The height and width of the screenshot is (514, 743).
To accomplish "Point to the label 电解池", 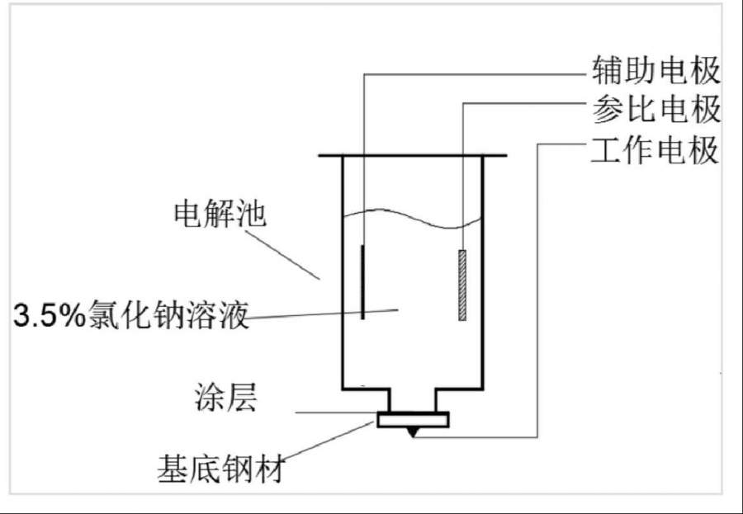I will [220, 215].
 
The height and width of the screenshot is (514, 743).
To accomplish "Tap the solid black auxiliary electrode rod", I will [363, 281].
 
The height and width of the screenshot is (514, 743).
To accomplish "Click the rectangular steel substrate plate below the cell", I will [413, 420].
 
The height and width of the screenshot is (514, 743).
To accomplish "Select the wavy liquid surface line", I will [413, 216].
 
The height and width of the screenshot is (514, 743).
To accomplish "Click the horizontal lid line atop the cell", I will [413, 155].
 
